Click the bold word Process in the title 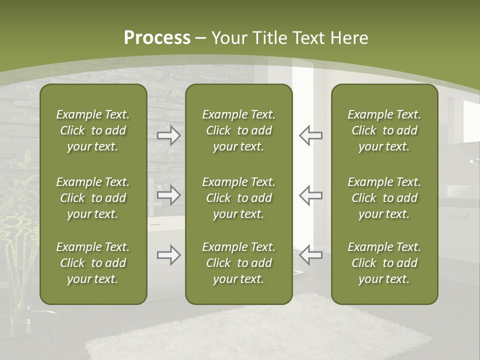157,38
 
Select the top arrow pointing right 168,135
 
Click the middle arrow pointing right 168,195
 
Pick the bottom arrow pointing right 168,255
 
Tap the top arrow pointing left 311,135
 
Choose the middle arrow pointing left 311,195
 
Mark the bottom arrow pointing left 311,255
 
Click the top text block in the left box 93,130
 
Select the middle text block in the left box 93,198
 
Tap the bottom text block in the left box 93,263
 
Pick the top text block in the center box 238,130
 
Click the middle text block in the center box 238,198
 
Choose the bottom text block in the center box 238,263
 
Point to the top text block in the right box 384,130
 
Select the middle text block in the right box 384,198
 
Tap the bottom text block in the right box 384,263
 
